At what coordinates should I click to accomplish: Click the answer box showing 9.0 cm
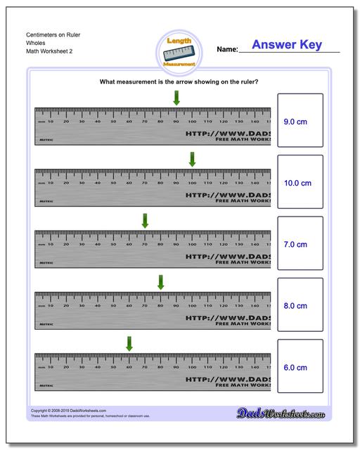(x=300, y=121)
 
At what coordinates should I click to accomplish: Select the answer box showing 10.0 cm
(x=300, y=183)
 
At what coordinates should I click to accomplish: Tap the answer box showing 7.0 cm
(x=300, y=245)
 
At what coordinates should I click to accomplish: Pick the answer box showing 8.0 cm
(x=300, y=306)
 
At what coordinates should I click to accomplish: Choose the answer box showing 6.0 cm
(x=300, y=367)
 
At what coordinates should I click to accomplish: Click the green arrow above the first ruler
(x=176, y=98)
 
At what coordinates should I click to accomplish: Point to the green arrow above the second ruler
(x=192, y=159)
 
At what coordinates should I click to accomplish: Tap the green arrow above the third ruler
(x=145, y=220)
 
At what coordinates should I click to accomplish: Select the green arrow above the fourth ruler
(x=160, y=281)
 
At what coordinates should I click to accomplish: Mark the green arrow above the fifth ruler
(x=129, y=343)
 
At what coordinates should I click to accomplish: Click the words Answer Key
(x=286, y=45)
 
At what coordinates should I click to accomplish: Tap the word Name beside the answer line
(x=227, y=50)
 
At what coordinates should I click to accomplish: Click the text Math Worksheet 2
(x=50, y=51)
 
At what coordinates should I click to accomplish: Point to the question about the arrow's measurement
(x=179, y=82)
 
